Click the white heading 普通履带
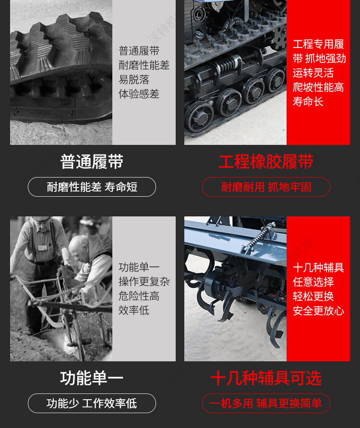(92, 162)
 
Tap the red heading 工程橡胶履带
(266, 162)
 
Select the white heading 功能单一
(92, 378)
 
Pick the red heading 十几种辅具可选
(266, 378)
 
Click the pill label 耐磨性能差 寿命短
(92, 187)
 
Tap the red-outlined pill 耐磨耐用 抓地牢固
(266, 187)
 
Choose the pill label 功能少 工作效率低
(92, 404)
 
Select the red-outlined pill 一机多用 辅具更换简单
(266, 404)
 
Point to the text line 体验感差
(139, 94)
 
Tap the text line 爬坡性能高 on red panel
(318, 87)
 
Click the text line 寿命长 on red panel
(308, 102)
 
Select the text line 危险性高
(139, 296)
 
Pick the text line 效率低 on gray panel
(134, 310)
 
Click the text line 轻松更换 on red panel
(313, 297)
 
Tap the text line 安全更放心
(318, 311)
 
